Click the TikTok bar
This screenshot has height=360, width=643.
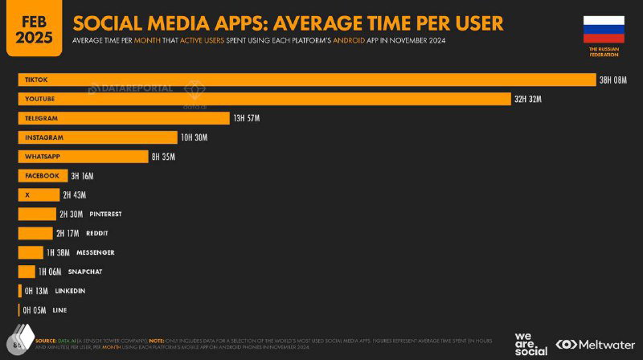(305, 80)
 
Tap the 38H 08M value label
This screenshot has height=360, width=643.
(612, 80)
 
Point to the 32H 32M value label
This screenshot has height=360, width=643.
(527, 99)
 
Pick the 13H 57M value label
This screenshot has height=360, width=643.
(246, 118)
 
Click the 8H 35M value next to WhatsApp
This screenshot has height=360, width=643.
(163, 157)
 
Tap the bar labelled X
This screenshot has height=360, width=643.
(38, 195)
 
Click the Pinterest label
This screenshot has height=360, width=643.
(105, 215)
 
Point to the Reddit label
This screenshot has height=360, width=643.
(97, 233)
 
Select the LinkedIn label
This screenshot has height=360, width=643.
(69, 291)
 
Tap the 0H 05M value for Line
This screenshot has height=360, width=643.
(35, 310)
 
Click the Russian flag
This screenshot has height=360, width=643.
(604, 30)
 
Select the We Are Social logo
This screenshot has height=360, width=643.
(530, 343)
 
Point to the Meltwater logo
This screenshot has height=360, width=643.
(592, 345)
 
